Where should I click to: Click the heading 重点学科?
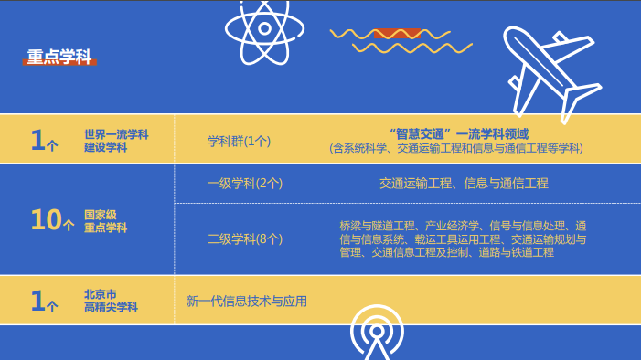coord(60,57)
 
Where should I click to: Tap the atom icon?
coord(264,28)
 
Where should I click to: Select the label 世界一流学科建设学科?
coord(116,141)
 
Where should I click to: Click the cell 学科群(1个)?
coord(240,141)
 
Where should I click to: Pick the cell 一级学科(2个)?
coord(244,183)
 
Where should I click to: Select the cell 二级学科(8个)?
coord(244,238)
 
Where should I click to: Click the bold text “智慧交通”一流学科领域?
coord(458,133)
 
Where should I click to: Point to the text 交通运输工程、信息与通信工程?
coord(464,183)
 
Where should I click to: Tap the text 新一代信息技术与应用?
coord(247,301)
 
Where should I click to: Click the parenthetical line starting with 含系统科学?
coord(456,148)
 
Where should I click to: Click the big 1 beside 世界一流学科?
coord(38,140)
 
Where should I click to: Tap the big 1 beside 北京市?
coord(38,300)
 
